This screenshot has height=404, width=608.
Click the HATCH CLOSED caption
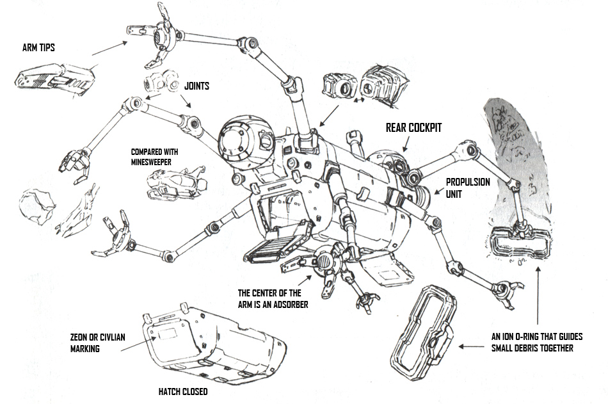click(183, 391)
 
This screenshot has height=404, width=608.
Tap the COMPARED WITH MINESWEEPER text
click(154, 157)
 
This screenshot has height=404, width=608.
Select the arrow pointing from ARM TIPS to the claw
click(109, 46)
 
